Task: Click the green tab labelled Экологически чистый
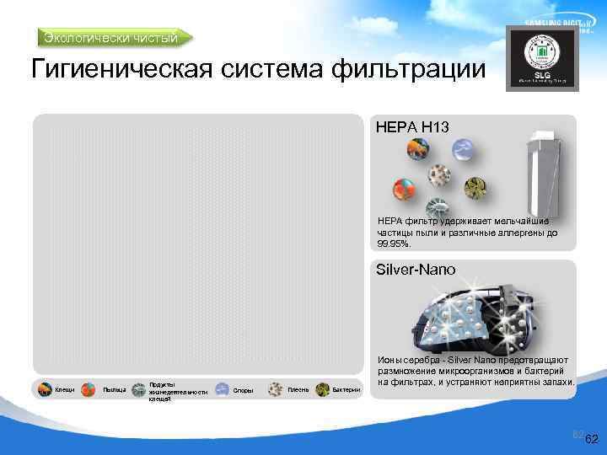coord(115,37)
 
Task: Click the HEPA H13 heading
coord(412,126)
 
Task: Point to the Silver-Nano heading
coord(416,270)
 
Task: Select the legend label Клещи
coord(65,389)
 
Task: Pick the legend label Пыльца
coord(114,389)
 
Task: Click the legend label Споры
coord(244,389)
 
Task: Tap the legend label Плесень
coord(298,389)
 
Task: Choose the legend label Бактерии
coord(346,389)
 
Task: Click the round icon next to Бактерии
coord(322,389)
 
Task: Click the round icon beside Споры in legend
coord(222,389)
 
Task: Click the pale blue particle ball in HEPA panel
coord(461,149)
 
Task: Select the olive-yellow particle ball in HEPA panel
coord(479,186)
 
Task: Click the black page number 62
coord(591,439)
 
